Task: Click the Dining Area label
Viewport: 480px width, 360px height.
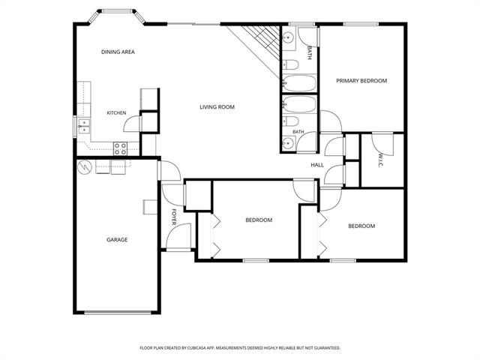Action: pos(118,52)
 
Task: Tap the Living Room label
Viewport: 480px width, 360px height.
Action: pos(217,107)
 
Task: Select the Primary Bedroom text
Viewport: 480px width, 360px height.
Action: pos(361,81)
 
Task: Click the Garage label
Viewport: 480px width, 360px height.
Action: pos(117,240)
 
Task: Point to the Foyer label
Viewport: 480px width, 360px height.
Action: pos(174,217)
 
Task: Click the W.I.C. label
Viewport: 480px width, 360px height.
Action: pos(380,160)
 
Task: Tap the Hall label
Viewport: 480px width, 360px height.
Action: pos(317,165)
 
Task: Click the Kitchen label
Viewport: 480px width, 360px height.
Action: pos(116,113)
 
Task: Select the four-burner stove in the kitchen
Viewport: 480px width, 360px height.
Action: pos(121,148)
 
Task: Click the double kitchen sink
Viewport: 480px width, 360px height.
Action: pos(84,126)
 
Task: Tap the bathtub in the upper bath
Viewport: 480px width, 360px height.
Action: pos(299,83)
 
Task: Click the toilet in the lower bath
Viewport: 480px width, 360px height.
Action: pos(290,121)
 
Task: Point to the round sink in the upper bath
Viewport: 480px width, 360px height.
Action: pos(288,37)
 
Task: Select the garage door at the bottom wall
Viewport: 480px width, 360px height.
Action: pos(118,313)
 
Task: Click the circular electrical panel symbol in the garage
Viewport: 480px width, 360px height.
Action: pos(85,167)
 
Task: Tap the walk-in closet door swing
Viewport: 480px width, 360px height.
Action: pos(382,145)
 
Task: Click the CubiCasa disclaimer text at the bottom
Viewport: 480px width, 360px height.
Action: pos(240,348)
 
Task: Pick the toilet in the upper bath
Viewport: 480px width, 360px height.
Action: pos(290,65)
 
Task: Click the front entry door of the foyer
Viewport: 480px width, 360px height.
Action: pos(178,237)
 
